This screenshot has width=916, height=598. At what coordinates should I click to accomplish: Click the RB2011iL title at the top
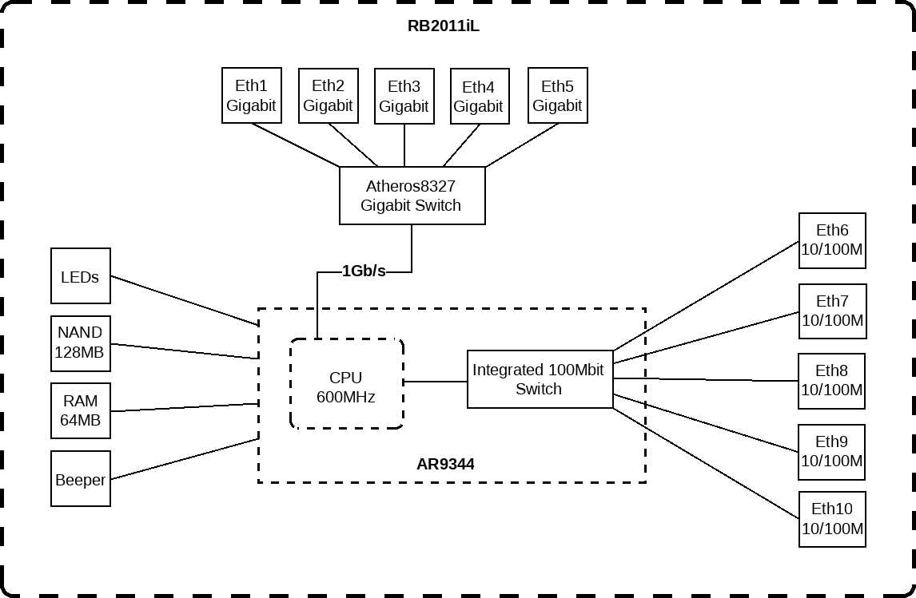point(444,26)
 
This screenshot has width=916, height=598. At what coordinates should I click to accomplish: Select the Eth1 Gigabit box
point(251,95)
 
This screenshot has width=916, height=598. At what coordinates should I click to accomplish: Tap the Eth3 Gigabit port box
point(404,96)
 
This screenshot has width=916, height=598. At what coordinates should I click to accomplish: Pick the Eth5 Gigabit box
point(557,95)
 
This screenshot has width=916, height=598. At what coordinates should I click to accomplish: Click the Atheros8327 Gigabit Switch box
point(411,196)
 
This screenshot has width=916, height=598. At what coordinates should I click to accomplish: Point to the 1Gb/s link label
point(364,271)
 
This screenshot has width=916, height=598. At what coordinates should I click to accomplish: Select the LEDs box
point(80,276)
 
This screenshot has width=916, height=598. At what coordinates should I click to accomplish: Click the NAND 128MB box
point(80,343)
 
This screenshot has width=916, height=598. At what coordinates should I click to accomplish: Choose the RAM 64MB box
point(80,411)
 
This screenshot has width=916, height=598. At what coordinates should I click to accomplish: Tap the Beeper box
point(80,479)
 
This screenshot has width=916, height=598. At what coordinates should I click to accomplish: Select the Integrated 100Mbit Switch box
point(539,379)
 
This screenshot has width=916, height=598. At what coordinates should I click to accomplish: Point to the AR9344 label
point(445,464)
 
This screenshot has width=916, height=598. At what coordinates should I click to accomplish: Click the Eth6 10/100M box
point(832,240)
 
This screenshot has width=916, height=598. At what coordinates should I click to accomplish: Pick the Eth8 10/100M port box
point(832,381)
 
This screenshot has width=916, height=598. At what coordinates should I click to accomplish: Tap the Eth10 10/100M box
point(832,519)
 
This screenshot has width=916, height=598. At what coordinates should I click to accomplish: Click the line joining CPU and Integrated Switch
point(436,382)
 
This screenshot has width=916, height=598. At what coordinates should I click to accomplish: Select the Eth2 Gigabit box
point(328,95)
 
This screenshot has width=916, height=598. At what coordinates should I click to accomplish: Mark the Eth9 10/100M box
point(832,452)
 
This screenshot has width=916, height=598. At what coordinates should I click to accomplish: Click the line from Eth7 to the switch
point(707,337)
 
